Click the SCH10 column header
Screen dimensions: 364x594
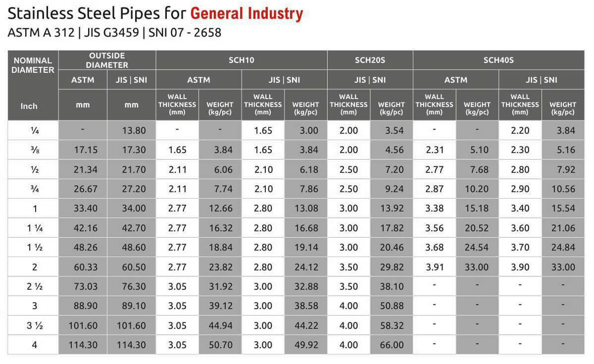point(242,60)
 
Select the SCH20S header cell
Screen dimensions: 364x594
point(370,60)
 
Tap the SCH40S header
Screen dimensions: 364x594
point(498,60)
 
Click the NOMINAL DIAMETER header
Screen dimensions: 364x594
point(33,65)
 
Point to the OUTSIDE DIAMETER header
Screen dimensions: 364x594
point(107,60)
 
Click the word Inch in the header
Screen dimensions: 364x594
point(29,106)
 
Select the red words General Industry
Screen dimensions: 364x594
point(246,14)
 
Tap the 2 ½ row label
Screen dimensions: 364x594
point(35,287)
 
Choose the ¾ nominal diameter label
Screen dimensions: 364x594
point(35,189)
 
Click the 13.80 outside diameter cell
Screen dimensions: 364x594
point(131,131)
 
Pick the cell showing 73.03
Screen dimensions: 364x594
point(83,287)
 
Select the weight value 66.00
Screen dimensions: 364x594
point(391,345)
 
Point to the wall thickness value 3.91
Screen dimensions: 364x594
point(434,267)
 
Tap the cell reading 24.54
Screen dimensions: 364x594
point(477,248)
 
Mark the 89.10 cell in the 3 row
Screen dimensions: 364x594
point(131,306)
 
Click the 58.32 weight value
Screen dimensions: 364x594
point(391,326)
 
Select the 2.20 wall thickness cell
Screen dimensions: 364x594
point(520,131)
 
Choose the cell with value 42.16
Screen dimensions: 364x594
point(83,228)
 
